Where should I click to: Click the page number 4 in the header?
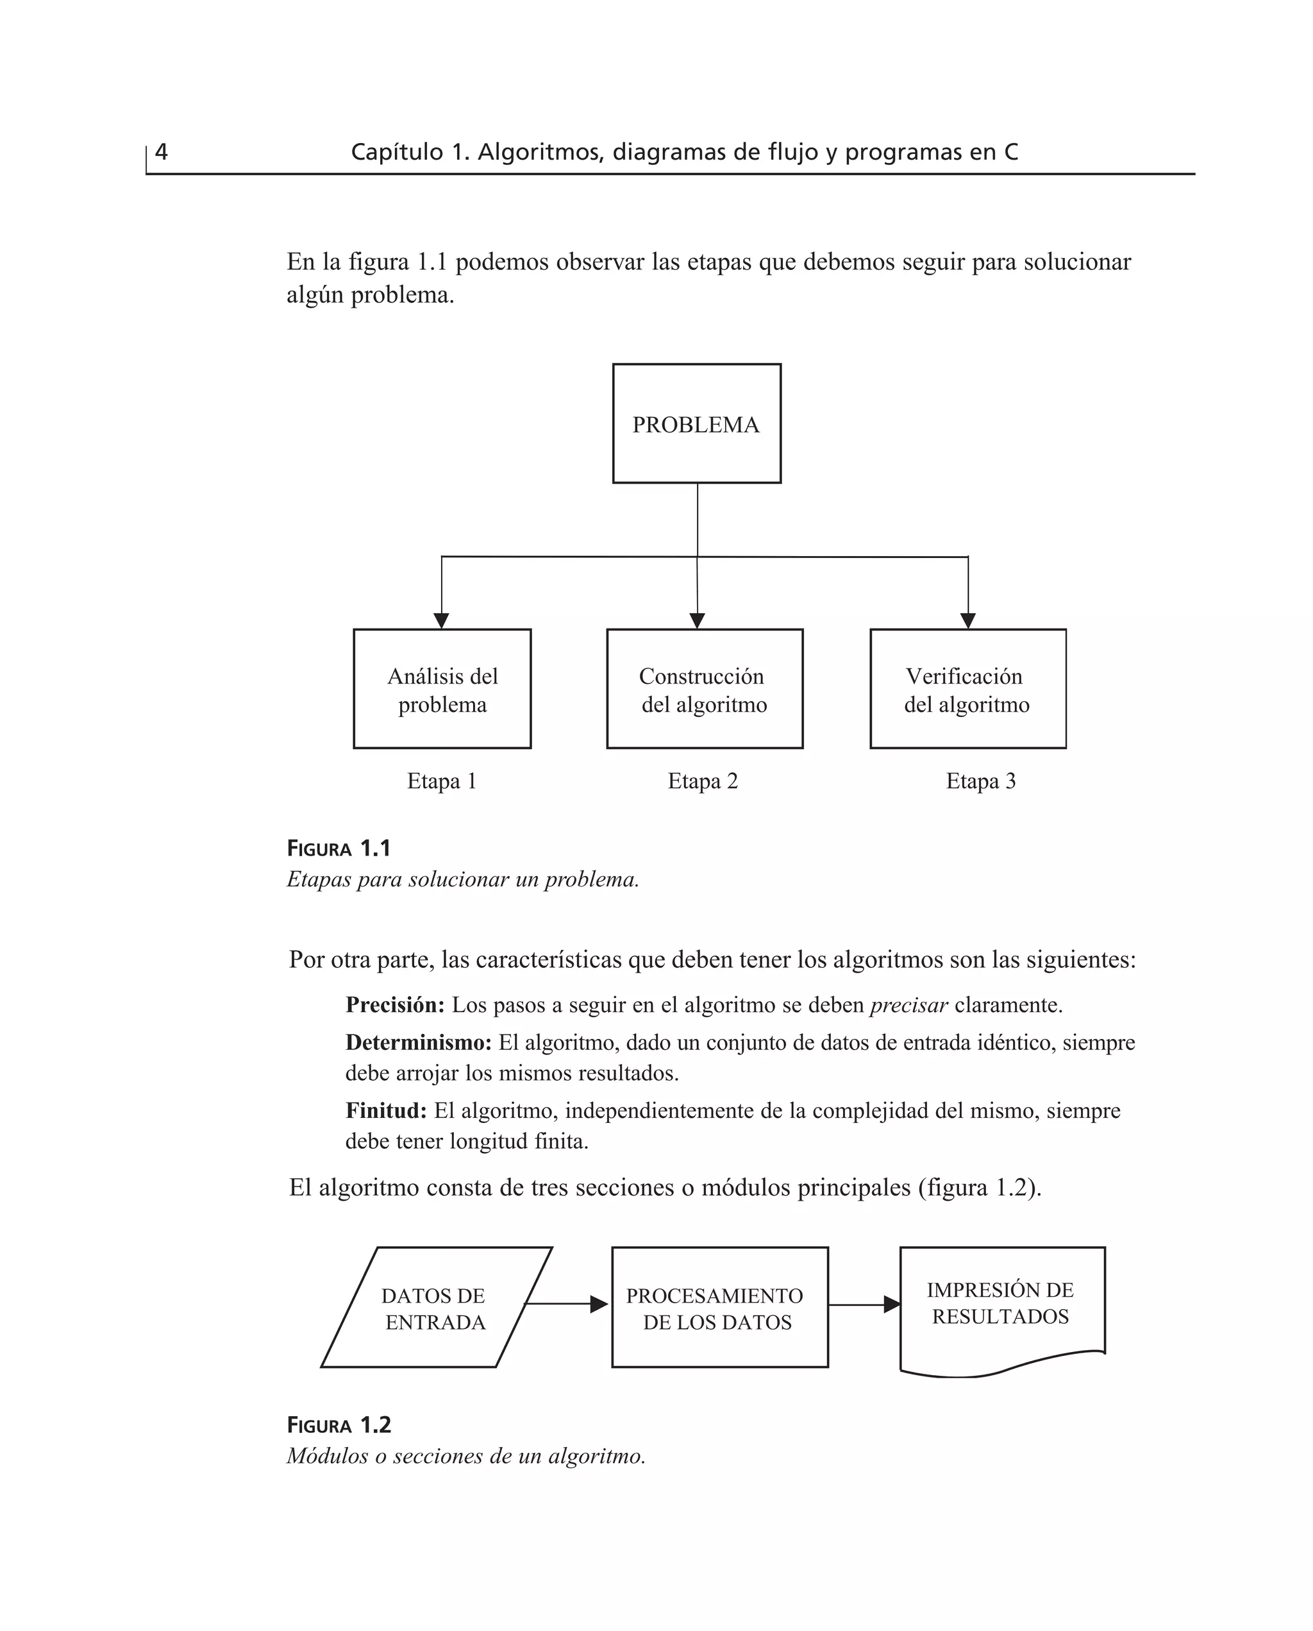point(161,152)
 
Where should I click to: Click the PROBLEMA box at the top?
point(696,424)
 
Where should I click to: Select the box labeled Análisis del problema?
point(442,689)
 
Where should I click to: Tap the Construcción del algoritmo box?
point(704,689)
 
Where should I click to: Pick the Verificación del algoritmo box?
point(967,689)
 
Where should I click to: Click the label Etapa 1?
point(442,781)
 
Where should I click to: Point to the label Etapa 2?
point(703,781)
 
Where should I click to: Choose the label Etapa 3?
point(980,781)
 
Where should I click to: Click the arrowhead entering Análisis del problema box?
point(442,620)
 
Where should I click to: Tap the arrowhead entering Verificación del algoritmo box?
point(967,620)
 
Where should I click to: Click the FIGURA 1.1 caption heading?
point(339,848)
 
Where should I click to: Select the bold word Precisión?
point(395,1004)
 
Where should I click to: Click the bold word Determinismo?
point(418,1042)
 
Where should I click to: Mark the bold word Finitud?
point(386,1111)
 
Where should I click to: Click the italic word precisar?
point(908,1004)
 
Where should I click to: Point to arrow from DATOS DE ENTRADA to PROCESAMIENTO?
point(565,1303)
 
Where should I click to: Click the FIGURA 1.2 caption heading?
point(339,1424)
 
